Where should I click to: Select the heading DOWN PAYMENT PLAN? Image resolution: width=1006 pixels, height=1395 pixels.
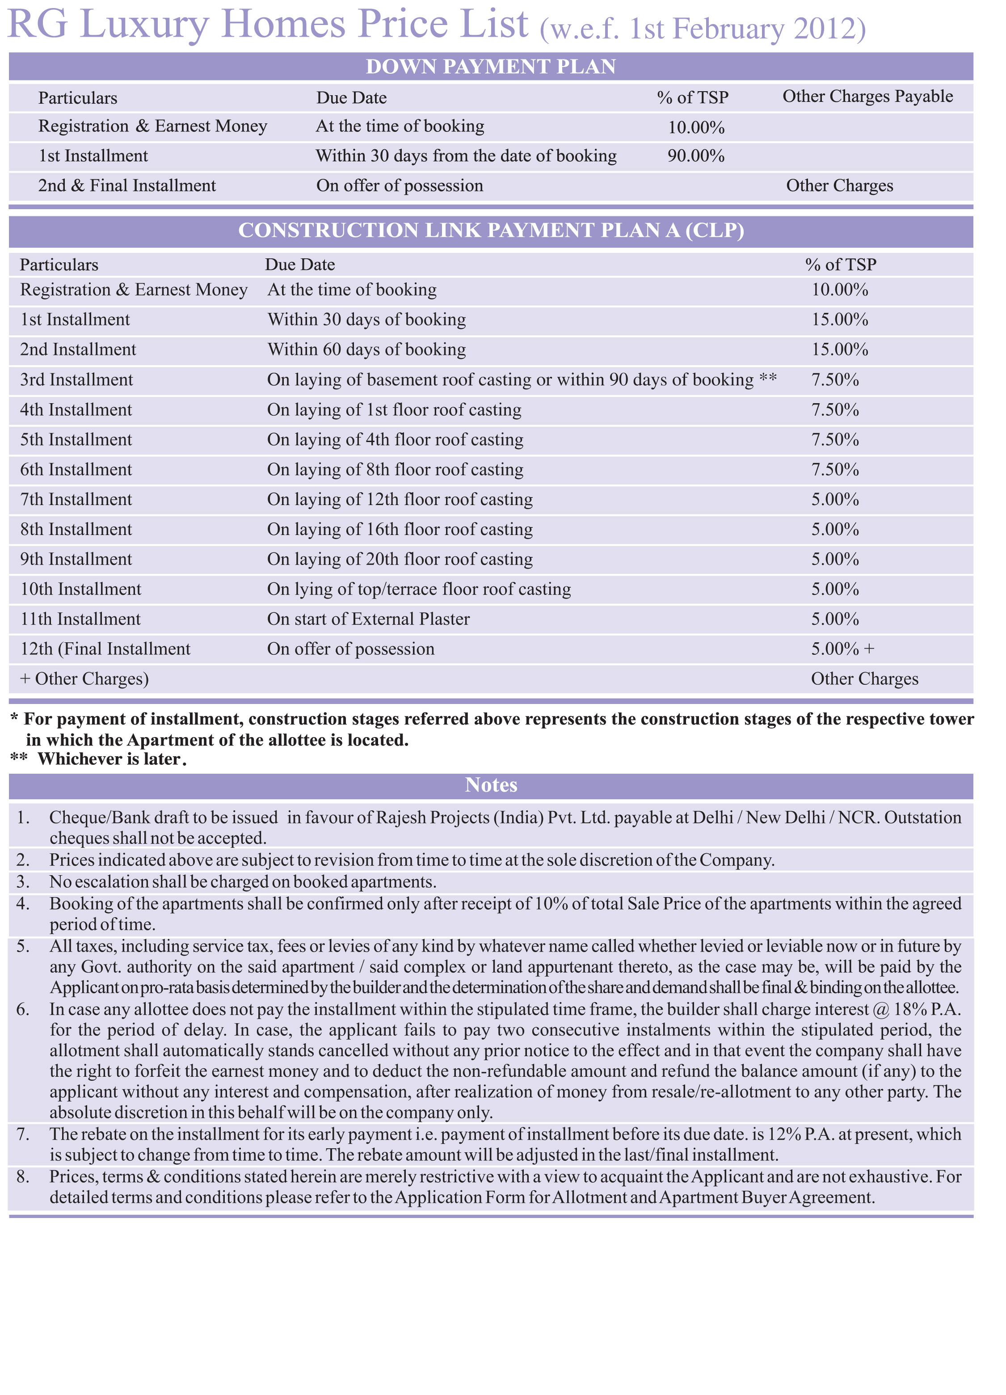tap(491, 67)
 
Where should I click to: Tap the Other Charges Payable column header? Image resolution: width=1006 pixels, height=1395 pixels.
tap(867, 97)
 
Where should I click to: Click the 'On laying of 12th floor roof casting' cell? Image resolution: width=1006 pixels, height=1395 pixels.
tap(400, 499)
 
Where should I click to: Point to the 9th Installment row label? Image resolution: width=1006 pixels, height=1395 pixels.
tap(76, 559)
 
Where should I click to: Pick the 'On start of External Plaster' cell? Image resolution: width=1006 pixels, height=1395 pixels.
tap(368, 619)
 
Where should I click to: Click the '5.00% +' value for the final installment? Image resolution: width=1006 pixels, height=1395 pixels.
tap(842, 649)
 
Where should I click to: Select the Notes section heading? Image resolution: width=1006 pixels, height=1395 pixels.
tap(491, 785)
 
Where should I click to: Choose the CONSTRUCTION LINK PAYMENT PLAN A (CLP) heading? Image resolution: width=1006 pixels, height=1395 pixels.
tap(491, 230)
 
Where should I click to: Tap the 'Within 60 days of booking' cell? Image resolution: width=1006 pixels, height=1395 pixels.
tap(366, 350)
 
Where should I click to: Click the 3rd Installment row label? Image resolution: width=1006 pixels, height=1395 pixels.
tap(76, 379)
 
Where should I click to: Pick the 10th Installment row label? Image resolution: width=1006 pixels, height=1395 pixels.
tap(80, 589)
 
